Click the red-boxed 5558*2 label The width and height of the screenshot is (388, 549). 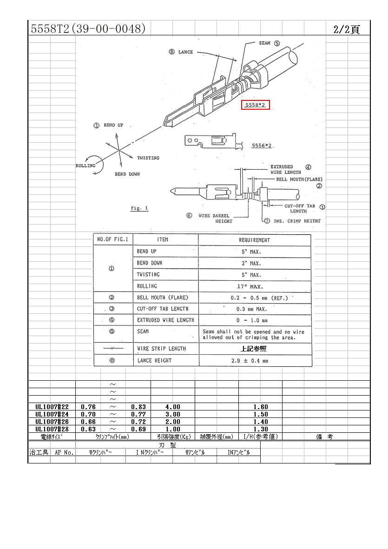(x=255, y=105)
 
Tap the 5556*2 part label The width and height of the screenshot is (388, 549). (x=262, y=146)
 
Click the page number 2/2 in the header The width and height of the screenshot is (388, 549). (x=342, y=29)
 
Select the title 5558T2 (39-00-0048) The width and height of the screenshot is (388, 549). (x=88, y=28)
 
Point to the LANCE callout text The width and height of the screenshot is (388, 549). (x=185, y=52)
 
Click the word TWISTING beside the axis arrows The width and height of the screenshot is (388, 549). (x=148, y=158)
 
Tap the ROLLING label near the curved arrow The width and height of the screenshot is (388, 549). (x=85, y=165)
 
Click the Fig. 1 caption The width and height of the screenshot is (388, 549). (x=139, y=208)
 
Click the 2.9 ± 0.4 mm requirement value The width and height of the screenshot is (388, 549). (x=250, y=361)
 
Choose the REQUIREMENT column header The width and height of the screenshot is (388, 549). (x=254, y=240)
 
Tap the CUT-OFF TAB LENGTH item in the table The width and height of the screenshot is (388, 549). (x=163, y=309)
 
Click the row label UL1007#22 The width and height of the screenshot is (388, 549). (x=52, y=407)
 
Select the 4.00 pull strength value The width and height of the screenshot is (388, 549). (x=172, y=407)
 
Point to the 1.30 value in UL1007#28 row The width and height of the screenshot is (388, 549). (x=261, y=429)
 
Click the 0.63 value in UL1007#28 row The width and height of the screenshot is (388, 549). (x=88, y=429)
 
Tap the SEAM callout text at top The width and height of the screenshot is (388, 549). (x=264, y=43)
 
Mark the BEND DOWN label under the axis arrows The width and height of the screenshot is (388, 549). (x=127, y=174)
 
